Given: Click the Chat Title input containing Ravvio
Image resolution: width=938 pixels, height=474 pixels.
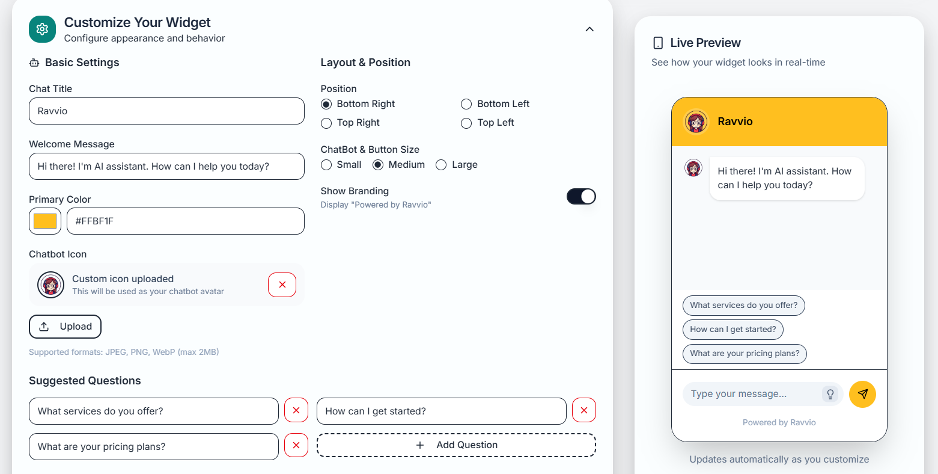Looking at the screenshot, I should (166, 111).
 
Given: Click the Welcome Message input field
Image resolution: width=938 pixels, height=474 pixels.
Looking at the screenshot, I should (166, 167).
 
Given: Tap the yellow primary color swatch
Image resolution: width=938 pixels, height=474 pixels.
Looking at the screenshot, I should (45, 221).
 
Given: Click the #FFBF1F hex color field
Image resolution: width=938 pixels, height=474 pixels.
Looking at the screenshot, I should (185, 221).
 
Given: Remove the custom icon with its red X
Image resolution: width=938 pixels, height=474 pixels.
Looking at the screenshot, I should (282, 285).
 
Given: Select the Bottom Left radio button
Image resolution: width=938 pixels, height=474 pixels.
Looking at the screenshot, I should (466, 104).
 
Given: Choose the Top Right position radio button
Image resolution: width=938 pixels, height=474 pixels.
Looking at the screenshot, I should (326, 123).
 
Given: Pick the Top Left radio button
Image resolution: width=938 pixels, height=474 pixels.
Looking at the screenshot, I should (466, 123).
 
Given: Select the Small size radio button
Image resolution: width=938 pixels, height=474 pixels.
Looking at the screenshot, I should (326, 165).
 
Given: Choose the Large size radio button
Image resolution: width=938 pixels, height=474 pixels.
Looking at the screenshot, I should (441, 165).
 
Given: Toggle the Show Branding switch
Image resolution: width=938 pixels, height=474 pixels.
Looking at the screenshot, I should (581, 197).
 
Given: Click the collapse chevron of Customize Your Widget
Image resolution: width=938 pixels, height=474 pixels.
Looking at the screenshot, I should (589, 29).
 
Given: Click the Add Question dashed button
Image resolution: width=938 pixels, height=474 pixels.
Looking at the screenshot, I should (456, 445).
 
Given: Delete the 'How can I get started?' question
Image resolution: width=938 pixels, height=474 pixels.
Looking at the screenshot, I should (583, 410).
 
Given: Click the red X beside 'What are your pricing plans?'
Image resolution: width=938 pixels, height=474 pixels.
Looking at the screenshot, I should (296, 446).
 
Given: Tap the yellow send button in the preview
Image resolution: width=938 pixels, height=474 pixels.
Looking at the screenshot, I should (862, 395).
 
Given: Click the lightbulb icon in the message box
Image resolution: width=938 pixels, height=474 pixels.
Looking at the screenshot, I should (830, 395).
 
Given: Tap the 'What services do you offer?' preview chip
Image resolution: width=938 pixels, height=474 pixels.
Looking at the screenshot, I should (743, 306).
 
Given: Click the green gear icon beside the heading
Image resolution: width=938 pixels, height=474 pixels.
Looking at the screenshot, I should (42, 29).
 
